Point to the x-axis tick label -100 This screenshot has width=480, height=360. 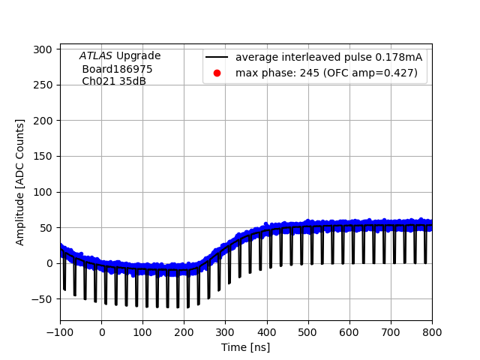pos(60,332)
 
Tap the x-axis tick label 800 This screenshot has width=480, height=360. pos(432,332)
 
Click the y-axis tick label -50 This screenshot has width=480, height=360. pos(42,299)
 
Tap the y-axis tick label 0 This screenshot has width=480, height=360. pos(49,263)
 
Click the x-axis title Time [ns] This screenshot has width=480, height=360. pos(245,347)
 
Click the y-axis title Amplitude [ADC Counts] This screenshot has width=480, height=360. pos(20,181)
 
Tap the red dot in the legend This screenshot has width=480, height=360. pos(217,73)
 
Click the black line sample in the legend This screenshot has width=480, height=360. pos(217,58)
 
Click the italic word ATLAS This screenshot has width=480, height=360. pos(96,56)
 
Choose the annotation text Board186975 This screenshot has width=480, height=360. pos(117,69)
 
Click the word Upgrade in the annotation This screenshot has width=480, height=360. pos(138,56)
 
